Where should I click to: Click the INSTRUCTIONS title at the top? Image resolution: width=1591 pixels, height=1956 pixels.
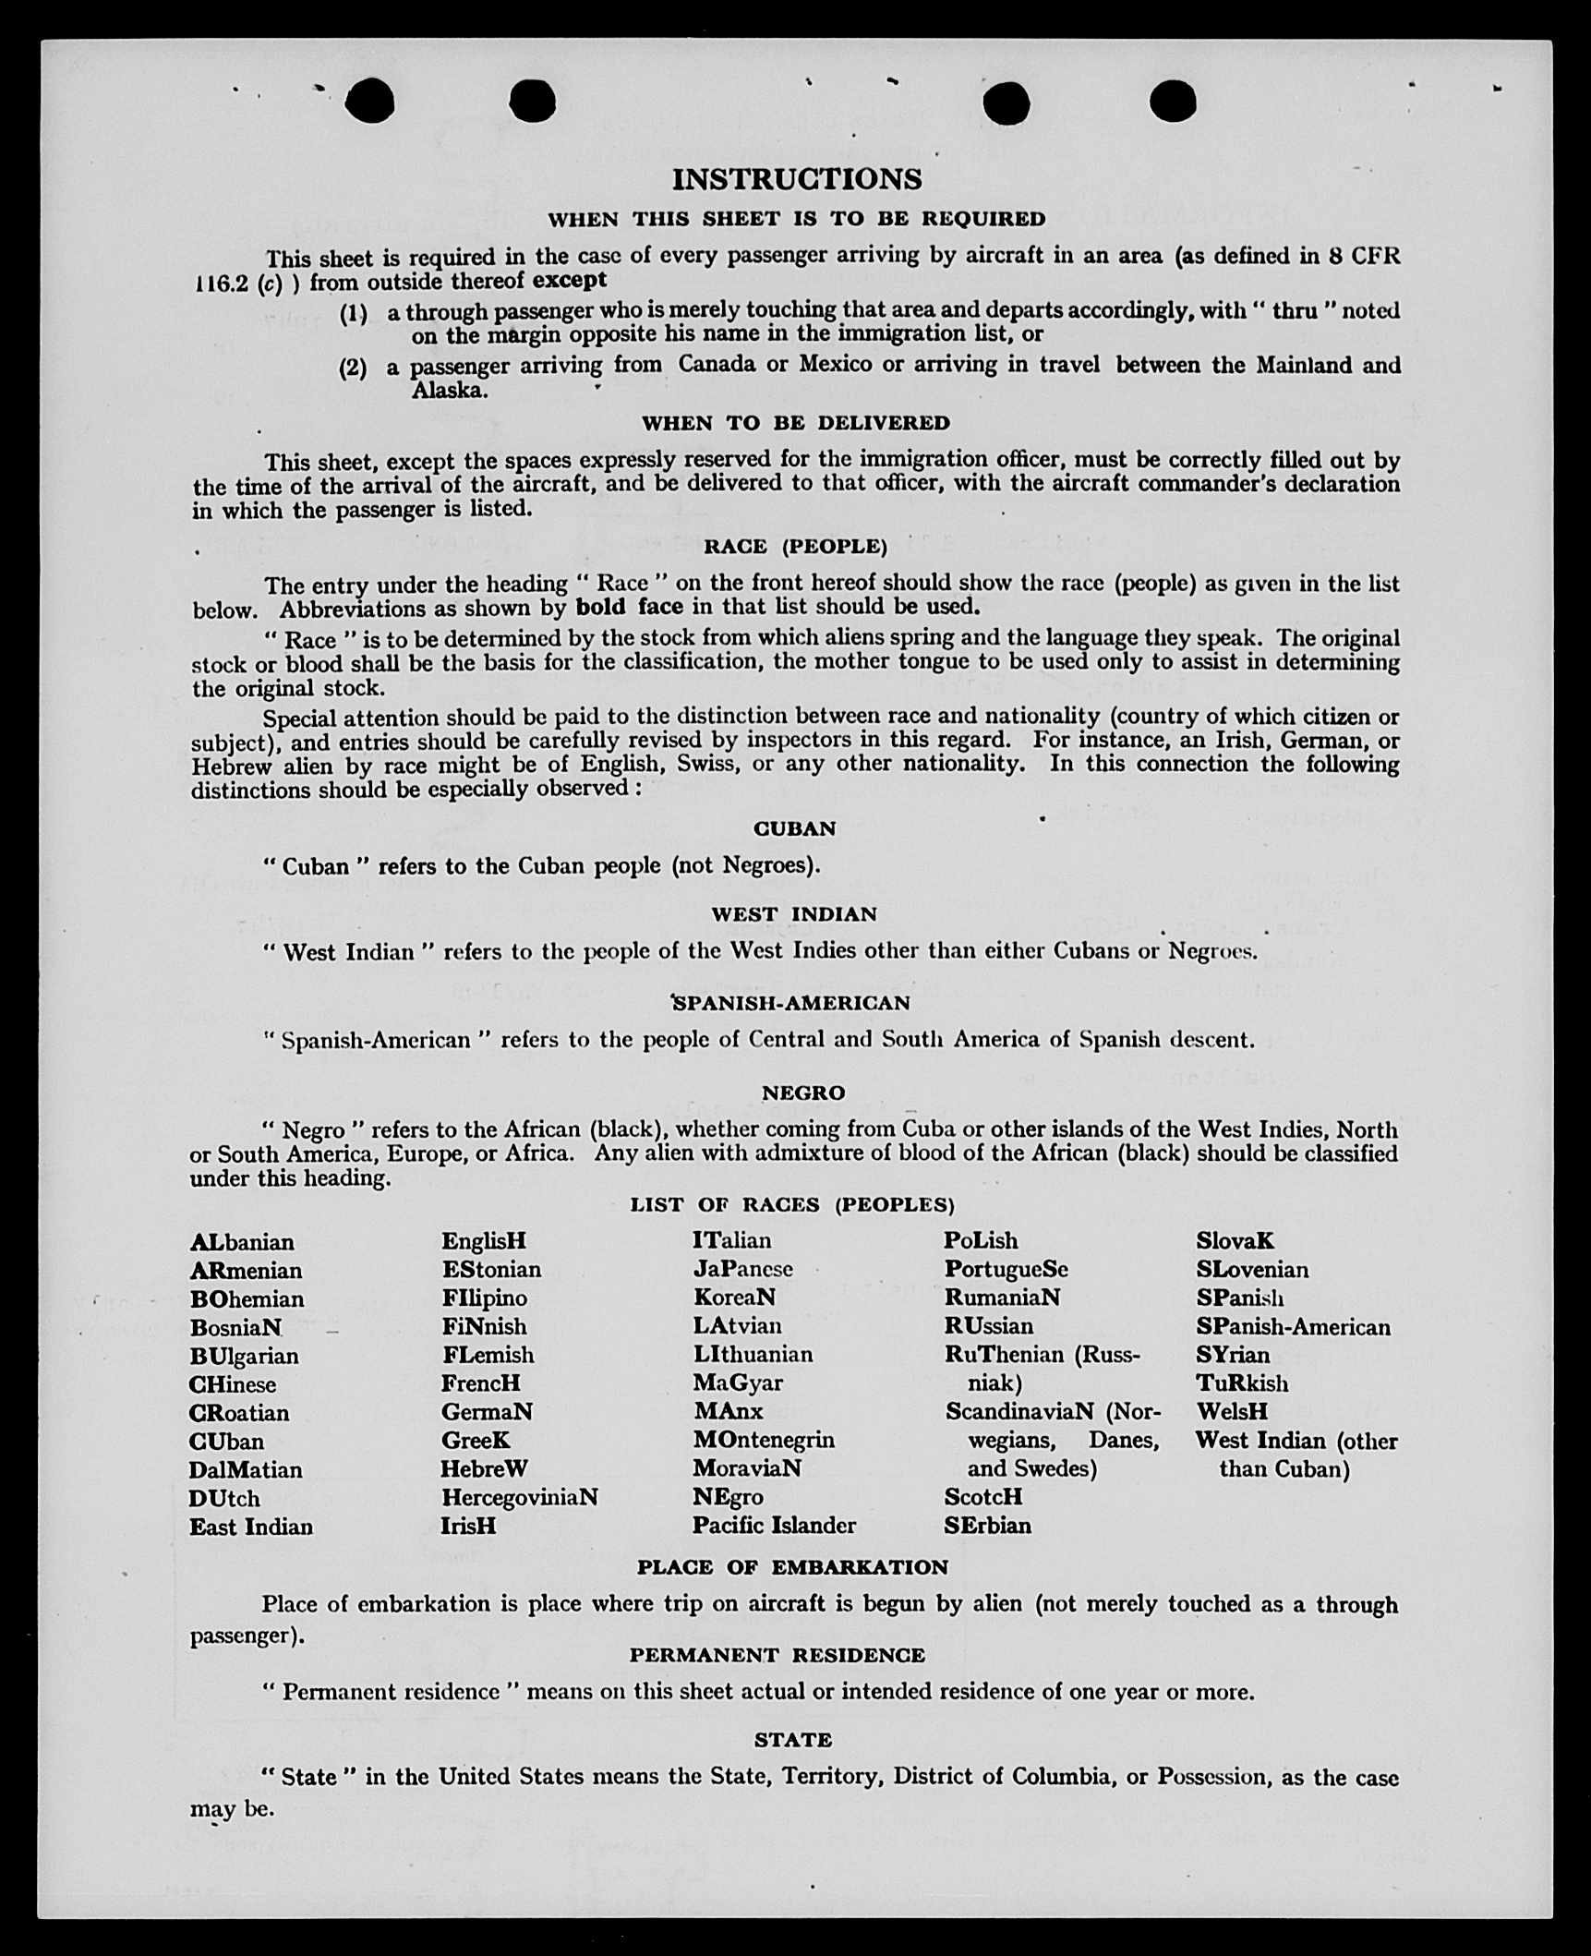(x=796, y=179)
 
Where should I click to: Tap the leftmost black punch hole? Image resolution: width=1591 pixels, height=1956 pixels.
(x=369, y=101)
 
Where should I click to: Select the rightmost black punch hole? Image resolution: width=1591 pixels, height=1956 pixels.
(x=1173, y=101)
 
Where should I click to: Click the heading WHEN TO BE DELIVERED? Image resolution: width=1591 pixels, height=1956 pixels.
(x=796, y=423)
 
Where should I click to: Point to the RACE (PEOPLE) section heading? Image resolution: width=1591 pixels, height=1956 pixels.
(x=795, y=547)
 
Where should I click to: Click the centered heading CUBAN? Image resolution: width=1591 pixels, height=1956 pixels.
(x=795, y=828)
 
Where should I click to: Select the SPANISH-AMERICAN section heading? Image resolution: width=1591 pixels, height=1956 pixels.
(x=791, y=1003)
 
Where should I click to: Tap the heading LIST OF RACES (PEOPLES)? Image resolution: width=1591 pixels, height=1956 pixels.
(x=792, y=1204)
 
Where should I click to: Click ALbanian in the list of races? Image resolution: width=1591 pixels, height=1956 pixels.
(x=242, y=1242)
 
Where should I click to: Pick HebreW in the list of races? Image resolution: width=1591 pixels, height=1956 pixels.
(x=484, y=1469)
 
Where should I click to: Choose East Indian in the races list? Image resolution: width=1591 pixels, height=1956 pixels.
(x=251, y=1527)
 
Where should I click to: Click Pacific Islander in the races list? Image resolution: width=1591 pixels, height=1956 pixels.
(x=774, y=1526)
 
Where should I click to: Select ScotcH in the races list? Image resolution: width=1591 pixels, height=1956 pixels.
(x=982, y=1497)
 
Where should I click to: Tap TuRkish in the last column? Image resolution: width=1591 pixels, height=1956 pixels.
(x=1242, y=1383)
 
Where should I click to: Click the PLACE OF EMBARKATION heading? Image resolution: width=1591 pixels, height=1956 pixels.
(x=792, y=1567)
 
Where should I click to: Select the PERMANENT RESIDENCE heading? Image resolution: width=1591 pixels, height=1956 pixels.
(x=777, y=1655)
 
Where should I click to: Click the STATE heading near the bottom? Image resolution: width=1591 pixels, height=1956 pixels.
(x=793, y=1740)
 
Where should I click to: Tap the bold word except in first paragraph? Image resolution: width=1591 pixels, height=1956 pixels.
(x=570, y=280)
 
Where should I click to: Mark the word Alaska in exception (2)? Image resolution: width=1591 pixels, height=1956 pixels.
(x=450, y=391)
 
